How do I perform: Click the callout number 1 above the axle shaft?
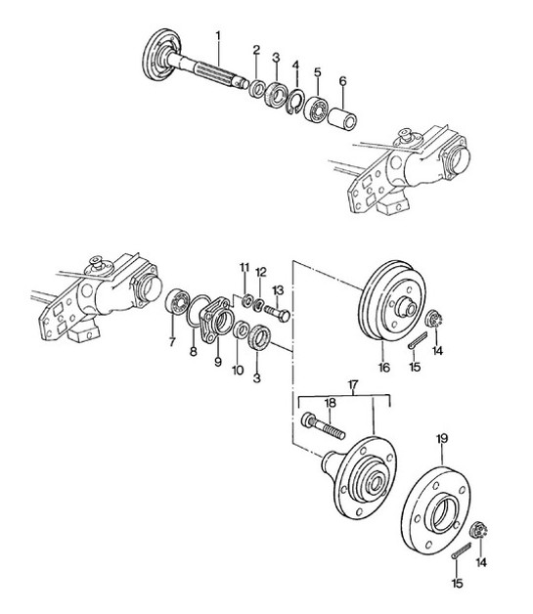(x=219, y=36)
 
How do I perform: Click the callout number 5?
(x=318, y=72)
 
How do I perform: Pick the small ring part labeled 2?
(x=257, y=90)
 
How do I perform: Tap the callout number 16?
(x=383, y=370)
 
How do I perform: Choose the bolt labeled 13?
(x=278, y=314)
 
